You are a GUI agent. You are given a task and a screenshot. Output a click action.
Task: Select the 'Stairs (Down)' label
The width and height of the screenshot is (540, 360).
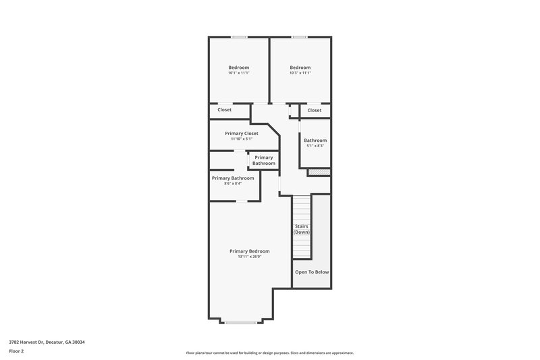tap(302, 229)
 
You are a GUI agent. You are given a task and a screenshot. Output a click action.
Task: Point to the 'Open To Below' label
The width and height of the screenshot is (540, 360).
tap(312, 272)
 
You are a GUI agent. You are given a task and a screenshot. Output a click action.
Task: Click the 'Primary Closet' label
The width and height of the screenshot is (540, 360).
tap(242, 134)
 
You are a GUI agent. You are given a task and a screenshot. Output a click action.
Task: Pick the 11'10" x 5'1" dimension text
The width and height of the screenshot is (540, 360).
tap(242, 139)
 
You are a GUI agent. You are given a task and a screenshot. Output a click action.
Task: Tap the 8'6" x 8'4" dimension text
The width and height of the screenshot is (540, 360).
tap(233, 184)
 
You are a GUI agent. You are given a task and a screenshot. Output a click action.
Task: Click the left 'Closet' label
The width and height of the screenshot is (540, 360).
tap(224, 109)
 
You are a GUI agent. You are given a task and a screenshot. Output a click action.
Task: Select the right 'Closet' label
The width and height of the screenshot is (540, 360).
tap(315, 110)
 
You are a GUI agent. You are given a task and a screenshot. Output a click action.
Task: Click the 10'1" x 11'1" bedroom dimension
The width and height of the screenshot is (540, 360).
tap(238, 73)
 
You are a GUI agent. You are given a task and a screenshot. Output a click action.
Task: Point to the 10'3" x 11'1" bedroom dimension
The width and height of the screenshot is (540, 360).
tap(300, 73)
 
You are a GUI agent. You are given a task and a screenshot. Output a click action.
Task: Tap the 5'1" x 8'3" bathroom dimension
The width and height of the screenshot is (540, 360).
tap(315, 146)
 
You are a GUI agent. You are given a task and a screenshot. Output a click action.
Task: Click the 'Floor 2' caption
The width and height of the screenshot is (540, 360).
tap(16, 351)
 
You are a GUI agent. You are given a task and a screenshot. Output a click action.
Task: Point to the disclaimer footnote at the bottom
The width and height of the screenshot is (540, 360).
tap(269, 353)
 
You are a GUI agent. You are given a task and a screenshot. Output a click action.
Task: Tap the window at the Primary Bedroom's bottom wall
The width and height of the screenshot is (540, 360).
tap(240, 323)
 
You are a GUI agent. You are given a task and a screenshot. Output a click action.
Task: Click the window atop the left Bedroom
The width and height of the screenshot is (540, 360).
tap(238, 37)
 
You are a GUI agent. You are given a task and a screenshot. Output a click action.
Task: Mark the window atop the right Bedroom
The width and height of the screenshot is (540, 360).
tap(300, 37)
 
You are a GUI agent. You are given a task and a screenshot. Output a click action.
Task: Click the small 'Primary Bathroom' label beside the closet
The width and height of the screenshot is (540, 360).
tap(264, 160)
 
